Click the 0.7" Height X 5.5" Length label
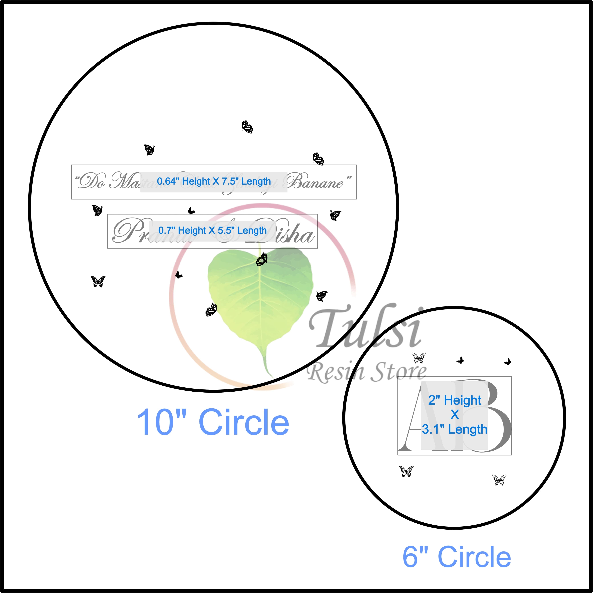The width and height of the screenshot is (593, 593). pyautogui.click(x=212, y=231)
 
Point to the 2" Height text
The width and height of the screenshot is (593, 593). pyautogui.click(x=455, y=400)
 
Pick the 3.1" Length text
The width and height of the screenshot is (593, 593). pyautogui.click(x=455, y=429)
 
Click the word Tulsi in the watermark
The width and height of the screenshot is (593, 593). pyautogui.click(x=365, y=327)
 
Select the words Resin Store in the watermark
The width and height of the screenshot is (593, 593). pyautogui.click(x=367, y=372)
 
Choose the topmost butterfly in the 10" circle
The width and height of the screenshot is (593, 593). pyautogui.click(x=247, y=126)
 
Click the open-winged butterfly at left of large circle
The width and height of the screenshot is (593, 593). pyautogui.click(x=98, y=281)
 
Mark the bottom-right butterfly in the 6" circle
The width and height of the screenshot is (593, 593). pyautogui.click(x=499, y=480)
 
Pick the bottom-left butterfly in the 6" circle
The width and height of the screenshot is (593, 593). pyautogui.click(x=406, y=471)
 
